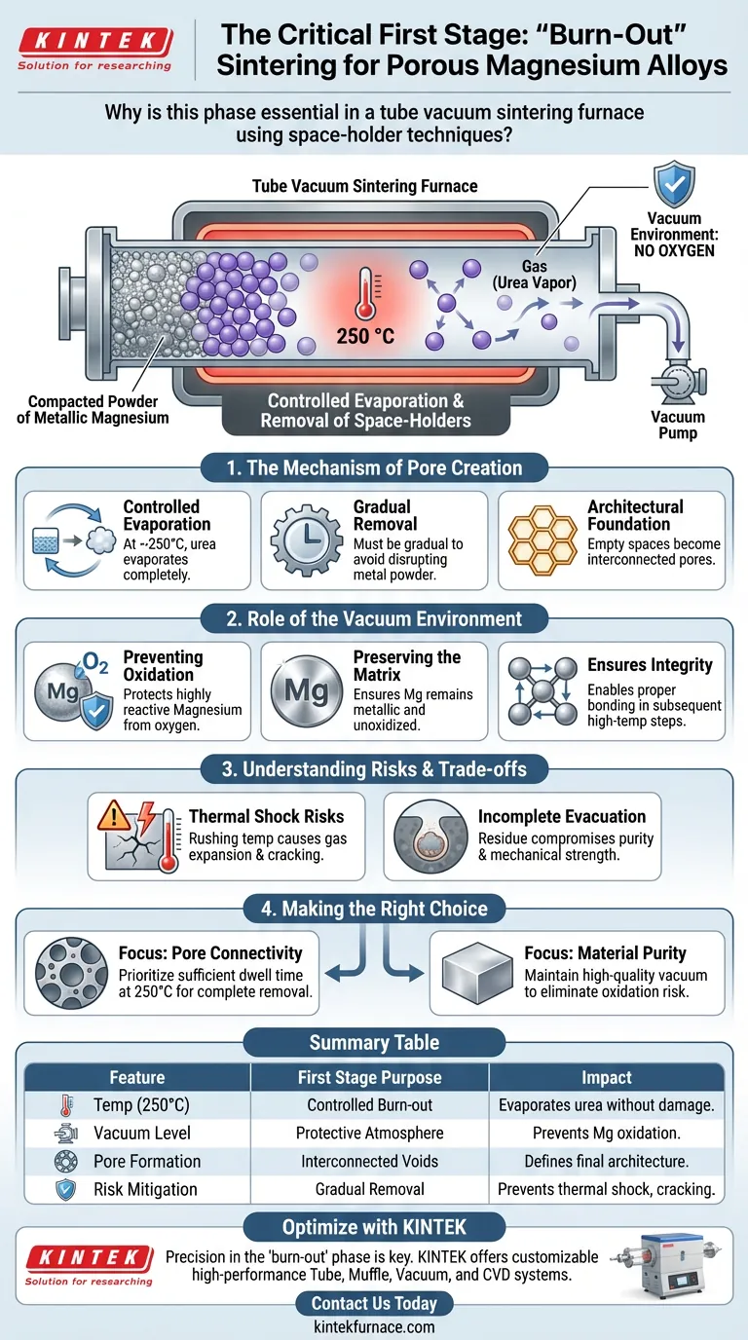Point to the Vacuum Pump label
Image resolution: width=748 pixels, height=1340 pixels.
[678, 425]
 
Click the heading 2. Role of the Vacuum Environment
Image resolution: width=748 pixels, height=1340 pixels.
[374, 618]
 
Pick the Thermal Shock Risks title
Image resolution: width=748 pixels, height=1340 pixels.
[266, 816]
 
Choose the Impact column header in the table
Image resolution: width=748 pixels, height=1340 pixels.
[606, 1078]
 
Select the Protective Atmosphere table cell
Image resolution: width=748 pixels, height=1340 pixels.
[370, 1134]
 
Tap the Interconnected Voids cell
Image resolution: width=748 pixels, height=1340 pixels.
[370, 1162]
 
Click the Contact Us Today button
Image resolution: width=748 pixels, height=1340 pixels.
[373, 1303]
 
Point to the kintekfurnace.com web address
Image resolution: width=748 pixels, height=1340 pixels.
[373, 1326]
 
